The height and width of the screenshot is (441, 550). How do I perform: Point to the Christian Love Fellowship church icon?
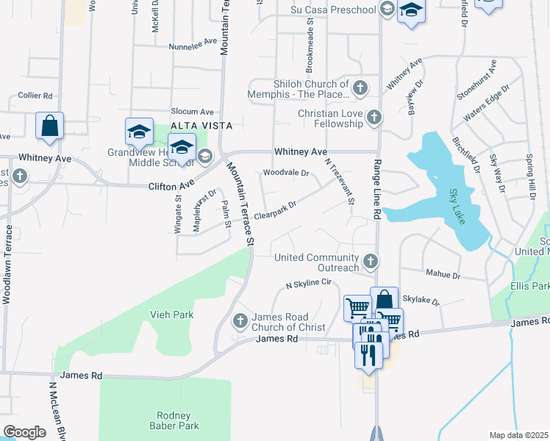[x=374, y=117]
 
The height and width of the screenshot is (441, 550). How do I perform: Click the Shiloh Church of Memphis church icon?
[x=360, y=89]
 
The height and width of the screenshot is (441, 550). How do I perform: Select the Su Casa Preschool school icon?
[x=387, y=9]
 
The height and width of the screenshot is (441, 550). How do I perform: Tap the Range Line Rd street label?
[x=376, y=190]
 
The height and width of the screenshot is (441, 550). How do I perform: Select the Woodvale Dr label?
[x=286, y=173]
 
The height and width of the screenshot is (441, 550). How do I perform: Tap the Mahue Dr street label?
[x=443, y=276]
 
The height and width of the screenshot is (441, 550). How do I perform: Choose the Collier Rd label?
[x=35, y=96]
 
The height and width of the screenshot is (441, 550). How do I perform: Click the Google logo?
[x=24, y=432]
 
